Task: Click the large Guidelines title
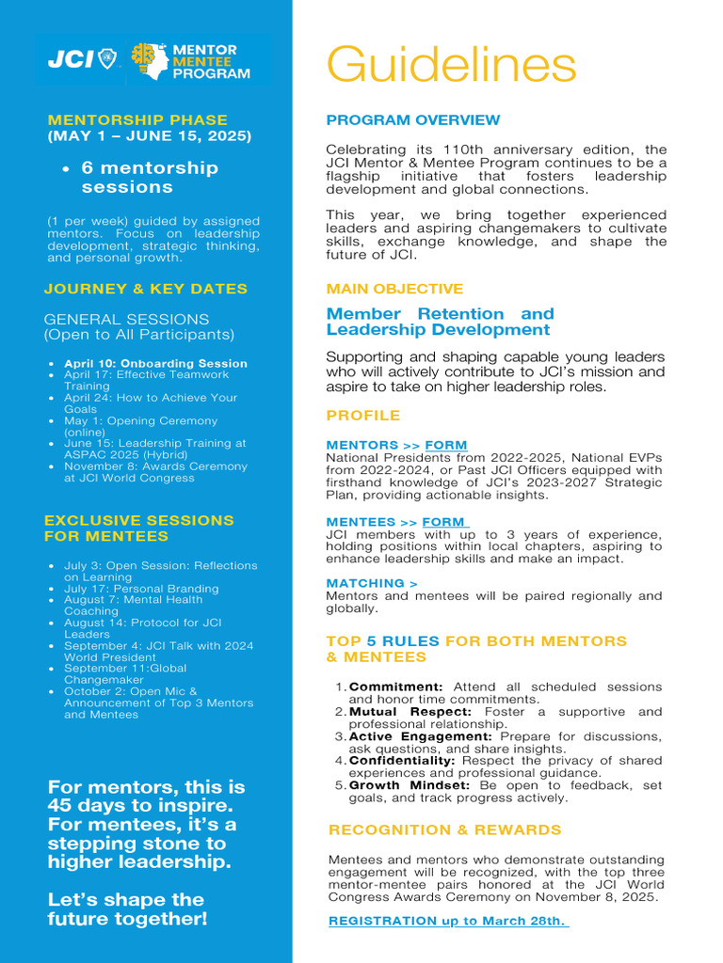[451, 66]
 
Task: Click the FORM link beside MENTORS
[445, 445]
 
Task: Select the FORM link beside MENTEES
[444, 522]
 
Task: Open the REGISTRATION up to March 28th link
[447, 921]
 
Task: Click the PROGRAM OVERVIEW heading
[413, 120]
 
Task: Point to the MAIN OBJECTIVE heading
[394, 289]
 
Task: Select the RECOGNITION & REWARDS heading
[444, 829]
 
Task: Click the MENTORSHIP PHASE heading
[137, 120]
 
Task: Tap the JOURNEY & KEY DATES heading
[146, 289]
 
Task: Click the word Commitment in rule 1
[395, 687]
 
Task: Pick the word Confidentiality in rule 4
[402, 760]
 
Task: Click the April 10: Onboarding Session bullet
[155, 363]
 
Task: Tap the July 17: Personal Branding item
[141, 589]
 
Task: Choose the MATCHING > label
[372, 583]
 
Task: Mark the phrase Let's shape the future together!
[127, 908]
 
